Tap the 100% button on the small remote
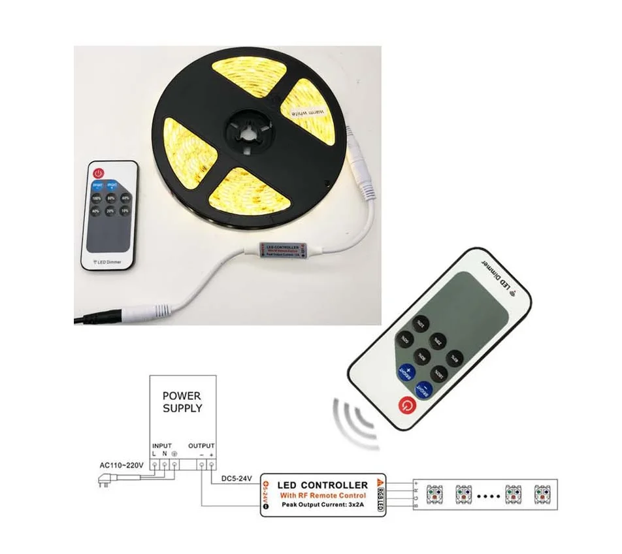pyautogui.click(x=97, y=198)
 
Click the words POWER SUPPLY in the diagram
pyautogui.click(x=182, y=402)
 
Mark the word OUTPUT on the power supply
pyautogui.click(x=202, y=445)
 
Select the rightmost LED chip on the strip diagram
pyautogui.click(x=544, y=494)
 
